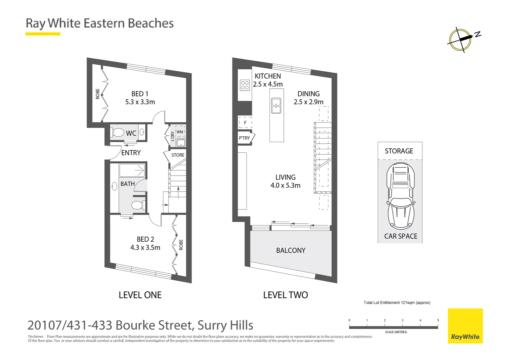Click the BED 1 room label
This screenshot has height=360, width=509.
point(140,94)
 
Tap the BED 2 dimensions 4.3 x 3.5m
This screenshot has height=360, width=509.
point(145,248)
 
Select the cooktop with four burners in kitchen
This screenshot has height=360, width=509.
point(245,85)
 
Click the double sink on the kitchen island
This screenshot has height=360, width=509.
point(276,106)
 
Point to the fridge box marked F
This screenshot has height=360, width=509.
point(245,123)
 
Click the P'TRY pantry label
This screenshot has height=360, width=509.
point(245,138)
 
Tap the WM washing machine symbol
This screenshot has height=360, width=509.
point(180,132)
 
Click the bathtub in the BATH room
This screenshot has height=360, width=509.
point(132,170)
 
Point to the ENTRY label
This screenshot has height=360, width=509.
point(131,153)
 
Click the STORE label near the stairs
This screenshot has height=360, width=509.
point(178,155)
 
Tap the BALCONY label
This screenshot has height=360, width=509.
point(291,251)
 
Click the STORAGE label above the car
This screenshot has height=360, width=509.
point(399,151)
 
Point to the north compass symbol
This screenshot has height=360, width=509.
point(461,40)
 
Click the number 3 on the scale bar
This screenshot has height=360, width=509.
point(402,320)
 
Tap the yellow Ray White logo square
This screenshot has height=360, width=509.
point(465,326)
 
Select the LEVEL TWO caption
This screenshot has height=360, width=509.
point(285,295)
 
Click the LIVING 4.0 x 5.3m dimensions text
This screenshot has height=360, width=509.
point(285,186)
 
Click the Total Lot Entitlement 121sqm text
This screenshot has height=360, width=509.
point(397,303)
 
